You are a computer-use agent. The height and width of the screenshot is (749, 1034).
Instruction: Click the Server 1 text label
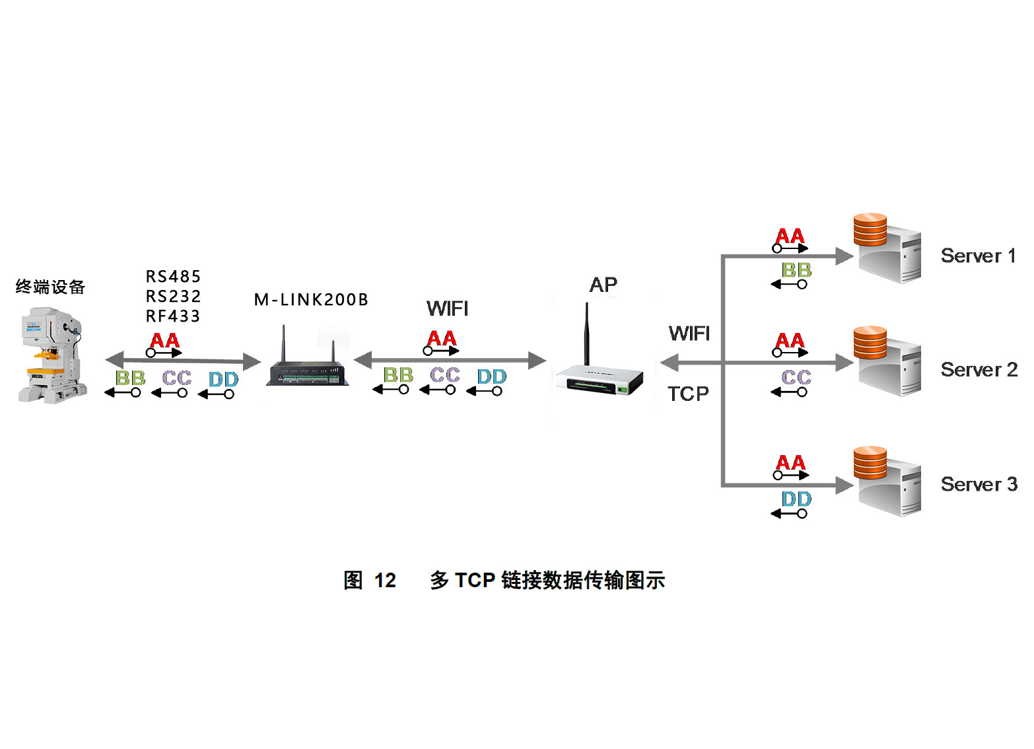click(978, 256)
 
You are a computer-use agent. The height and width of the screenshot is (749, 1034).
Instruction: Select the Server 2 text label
click(979, 370)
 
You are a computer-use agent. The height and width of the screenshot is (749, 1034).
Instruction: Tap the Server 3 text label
click(979, 484)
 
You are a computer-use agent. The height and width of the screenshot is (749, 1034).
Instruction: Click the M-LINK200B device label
click(311, 300)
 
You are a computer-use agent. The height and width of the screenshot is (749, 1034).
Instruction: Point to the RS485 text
click(173, 276)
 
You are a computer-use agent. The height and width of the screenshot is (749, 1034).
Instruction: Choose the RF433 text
click(173, 316)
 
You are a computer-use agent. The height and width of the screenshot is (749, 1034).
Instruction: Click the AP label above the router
click(603, 285)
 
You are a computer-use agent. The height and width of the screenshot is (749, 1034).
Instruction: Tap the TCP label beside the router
click(687, 394)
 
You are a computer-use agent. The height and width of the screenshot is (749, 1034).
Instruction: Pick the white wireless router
click(598, 379)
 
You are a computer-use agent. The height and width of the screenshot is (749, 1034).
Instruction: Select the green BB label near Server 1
click(796, 270)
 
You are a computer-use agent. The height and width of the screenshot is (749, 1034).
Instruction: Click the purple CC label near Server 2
click(796, 377)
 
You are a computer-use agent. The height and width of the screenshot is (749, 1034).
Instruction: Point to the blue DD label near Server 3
click(796, 499)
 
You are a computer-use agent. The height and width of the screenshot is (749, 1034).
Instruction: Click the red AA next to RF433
click(164, 340)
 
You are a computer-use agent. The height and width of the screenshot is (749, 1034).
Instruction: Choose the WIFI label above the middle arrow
click(447, 308)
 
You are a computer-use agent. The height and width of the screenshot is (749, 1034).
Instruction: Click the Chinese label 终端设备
click(50, 287)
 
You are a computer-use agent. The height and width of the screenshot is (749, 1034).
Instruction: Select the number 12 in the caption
click(385, 581)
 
